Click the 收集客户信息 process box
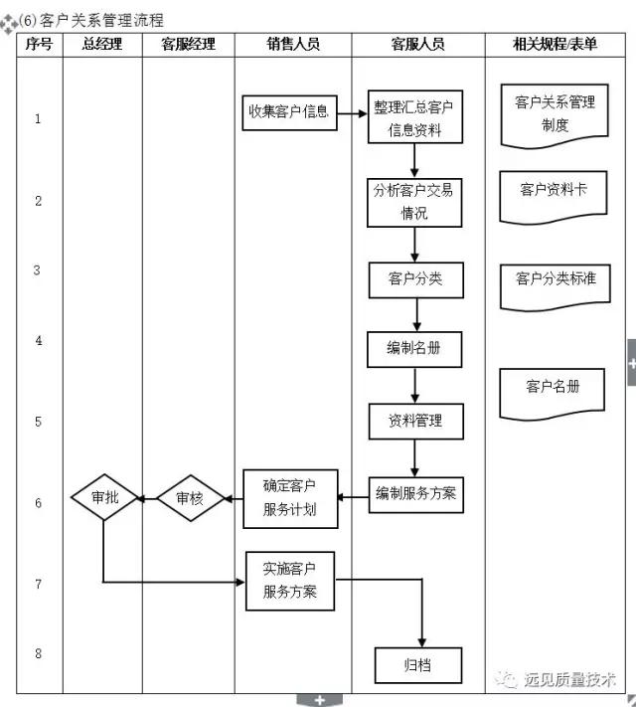click(x=287, y=112)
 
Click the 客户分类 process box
click(x=415, y=279)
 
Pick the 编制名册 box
click(x=414, y=349)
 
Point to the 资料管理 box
click(x=414, y=421)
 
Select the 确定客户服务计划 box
click(x=290, y=498)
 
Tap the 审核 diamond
click(x=189, y=498)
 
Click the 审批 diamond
click(x=104, y=497)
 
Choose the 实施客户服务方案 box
click(x=290, y=581)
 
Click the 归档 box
click(x=417, y=665)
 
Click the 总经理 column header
click(x=102, y=44)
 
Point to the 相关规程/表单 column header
click(x=555, y=44)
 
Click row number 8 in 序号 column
click(x=39, y=653)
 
